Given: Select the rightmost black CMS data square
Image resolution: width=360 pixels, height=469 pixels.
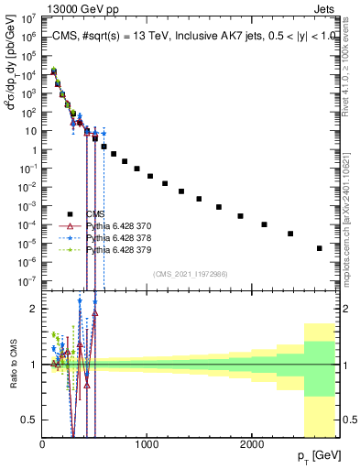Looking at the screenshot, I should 319,248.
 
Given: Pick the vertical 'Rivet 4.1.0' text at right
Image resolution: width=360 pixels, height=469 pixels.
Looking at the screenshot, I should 350,59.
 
